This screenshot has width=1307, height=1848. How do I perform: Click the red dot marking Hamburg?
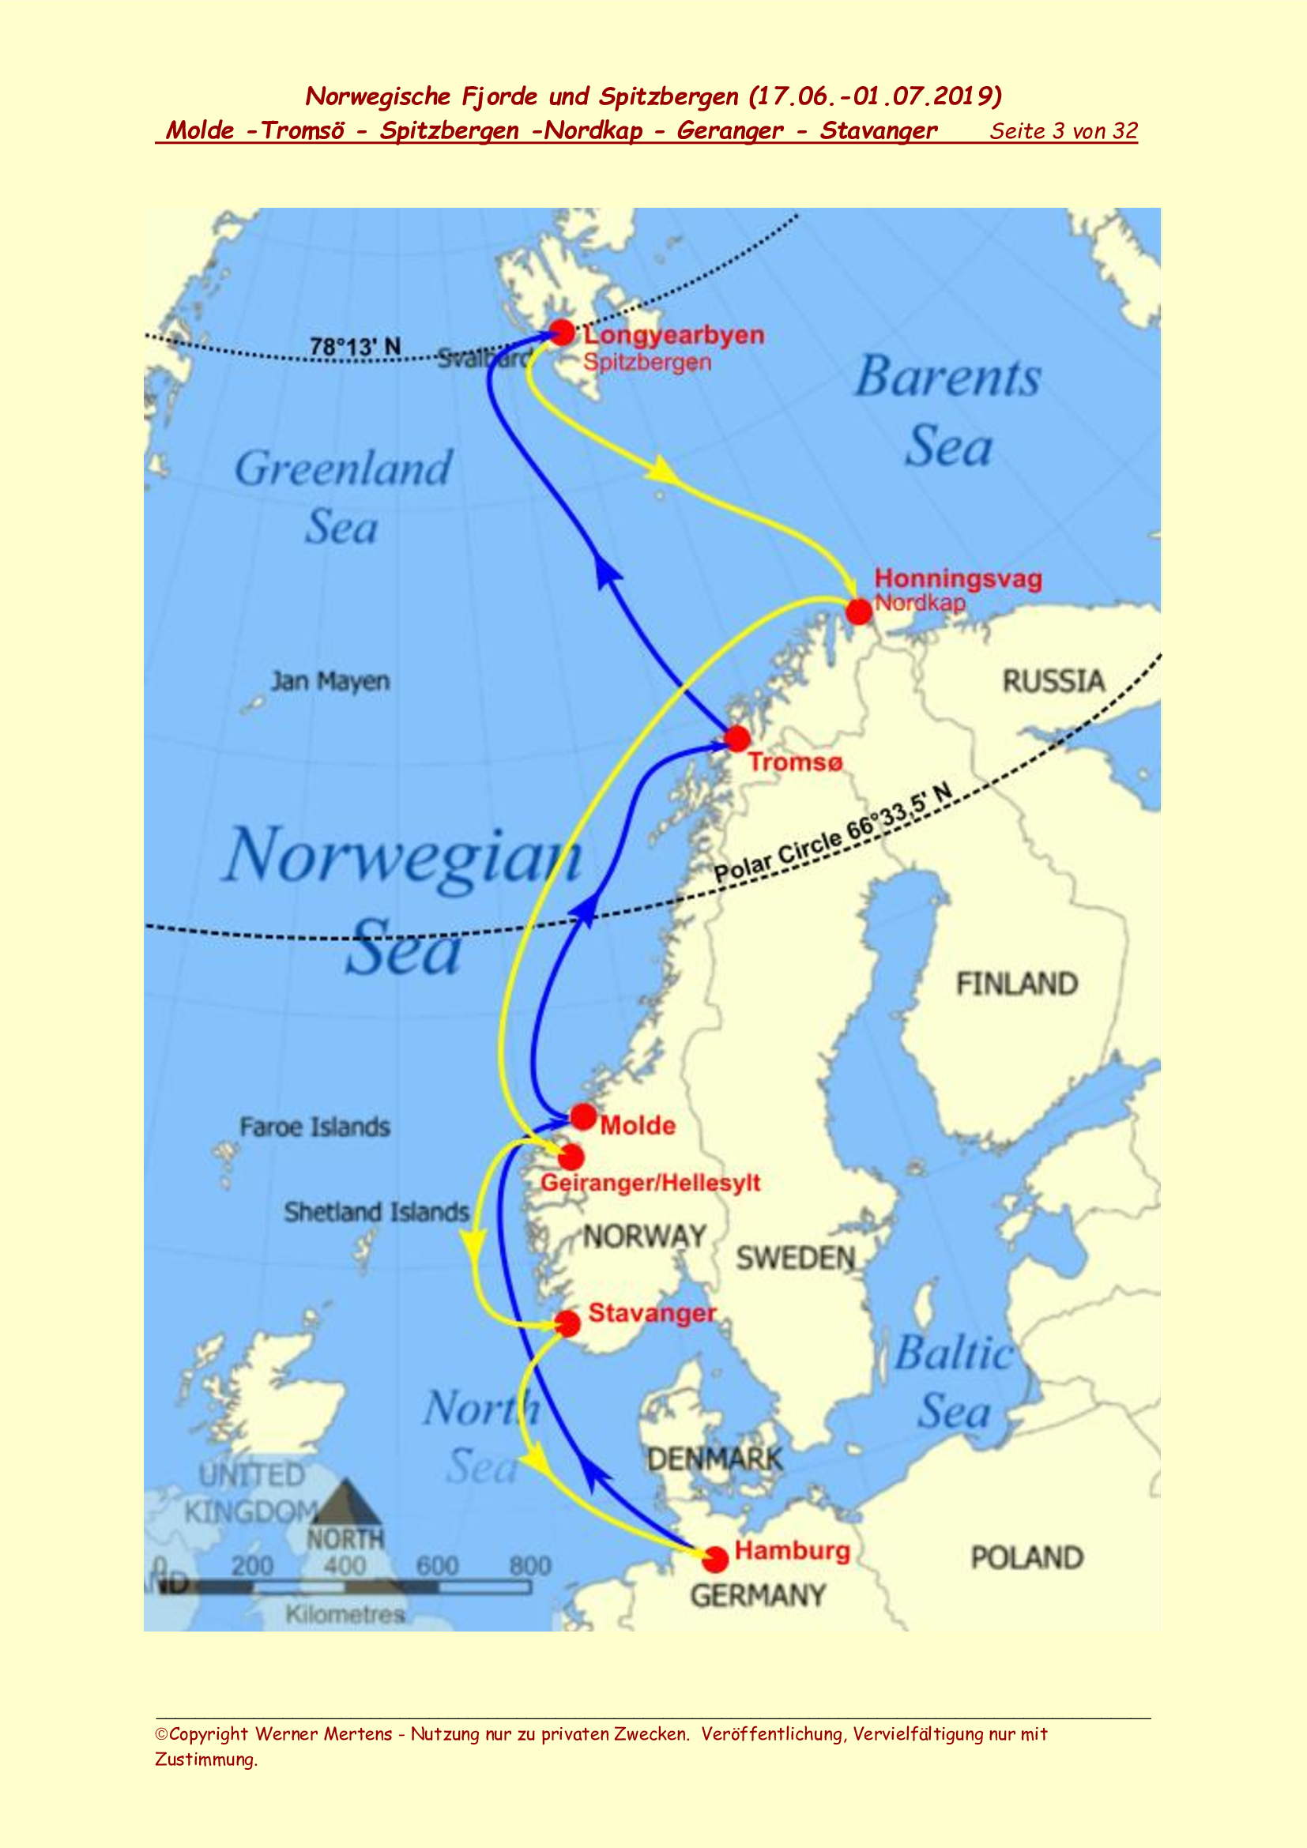click(714, 1559)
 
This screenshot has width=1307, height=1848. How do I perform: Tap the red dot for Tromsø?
click(737, 738)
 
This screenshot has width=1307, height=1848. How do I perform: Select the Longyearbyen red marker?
click(562, 332)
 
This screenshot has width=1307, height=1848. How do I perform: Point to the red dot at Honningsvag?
click(859, 611)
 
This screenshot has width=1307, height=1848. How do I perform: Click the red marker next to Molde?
click(583, 1116)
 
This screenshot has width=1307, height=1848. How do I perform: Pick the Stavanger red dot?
click(567, 1323)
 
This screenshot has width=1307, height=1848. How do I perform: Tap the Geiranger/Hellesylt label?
click(650, 1183)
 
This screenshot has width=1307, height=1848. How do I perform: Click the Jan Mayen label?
click(330, 681)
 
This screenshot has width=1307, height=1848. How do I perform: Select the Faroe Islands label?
click(315, 1127)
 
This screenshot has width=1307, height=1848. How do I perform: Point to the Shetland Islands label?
click(376, 1212)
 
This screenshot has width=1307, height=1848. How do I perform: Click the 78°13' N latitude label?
click(355, 347)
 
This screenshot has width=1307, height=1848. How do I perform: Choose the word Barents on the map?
click(948, 378)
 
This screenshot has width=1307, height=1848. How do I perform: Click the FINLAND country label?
click(1016, 984)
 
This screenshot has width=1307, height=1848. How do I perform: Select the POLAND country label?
click(1026, 1557)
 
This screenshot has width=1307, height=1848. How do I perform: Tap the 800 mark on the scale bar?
click(529, 1565)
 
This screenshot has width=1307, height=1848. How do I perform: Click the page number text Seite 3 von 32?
click(1063, 131)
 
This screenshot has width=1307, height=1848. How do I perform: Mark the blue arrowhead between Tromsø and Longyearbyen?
click(607, 572)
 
